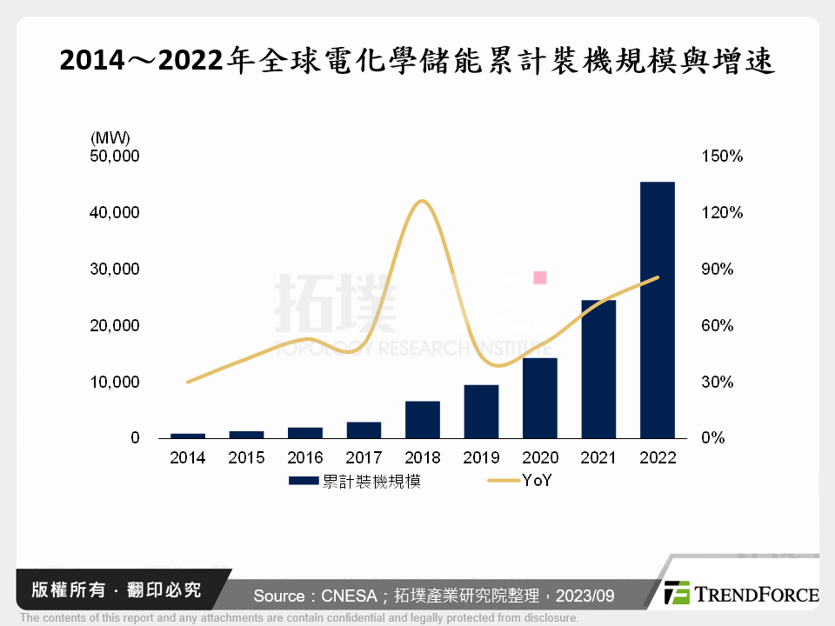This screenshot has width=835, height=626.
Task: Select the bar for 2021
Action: (598, 369)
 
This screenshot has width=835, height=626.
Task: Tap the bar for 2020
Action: (539, 397)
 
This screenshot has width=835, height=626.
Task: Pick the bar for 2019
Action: (481, 411)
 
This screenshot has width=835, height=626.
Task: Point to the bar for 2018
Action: (423, 419)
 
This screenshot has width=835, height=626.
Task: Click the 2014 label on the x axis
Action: (188, 458)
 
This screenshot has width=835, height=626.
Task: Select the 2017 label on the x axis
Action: (364, 458)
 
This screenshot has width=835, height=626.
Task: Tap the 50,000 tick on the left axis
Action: (115, 156)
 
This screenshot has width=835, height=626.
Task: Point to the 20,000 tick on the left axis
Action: (115, 326)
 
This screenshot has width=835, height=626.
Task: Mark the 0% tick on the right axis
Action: (713, 438)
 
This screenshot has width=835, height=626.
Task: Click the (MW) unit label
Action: (109, 137)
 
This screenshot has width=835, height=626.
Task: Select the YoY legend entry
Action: (537, 481)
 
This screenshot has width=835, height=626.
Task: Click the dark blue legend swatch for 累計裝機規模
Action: (304, 481)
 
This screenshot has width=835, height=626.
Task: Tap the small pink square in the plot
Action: (539, 277)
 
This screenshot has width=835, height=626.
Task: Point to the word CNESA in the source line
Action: (350, 596)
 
